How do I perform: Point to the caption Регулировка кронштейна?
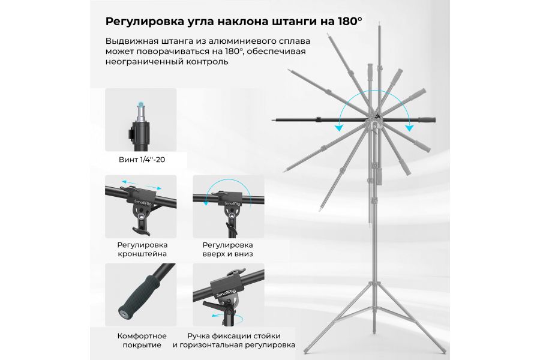coord(142,250)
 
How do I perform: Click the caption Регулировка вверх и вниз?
coord(227,250)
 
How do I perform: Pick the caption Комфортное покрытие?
coord(142,341)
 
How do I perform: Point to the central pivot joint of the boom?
coord(375,124)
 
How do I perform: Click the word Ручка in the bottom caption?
coord(200,335)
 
